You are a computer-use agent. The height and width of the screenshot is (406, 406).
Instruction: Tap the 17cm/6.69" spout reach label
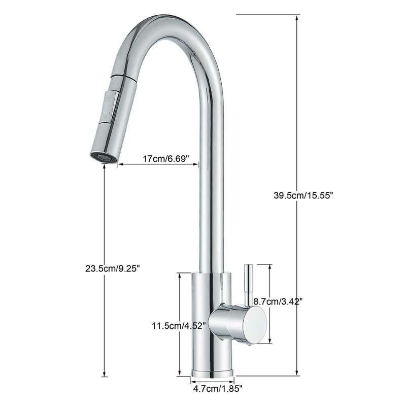click(165, 159)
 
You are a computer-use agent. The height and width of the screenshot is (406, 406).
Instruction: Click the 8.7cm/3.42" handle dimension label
click(278, 301)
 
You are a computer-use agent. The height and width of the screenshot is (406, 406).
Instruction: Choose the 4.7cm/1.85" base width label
click(213, 389)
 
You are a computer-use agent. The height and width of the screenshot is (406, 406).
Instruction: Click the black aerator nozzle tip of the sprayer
click(104, 157)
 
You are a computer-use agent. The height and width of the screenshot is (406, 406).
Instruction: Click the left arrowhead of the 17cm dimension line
click(120, 164)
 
